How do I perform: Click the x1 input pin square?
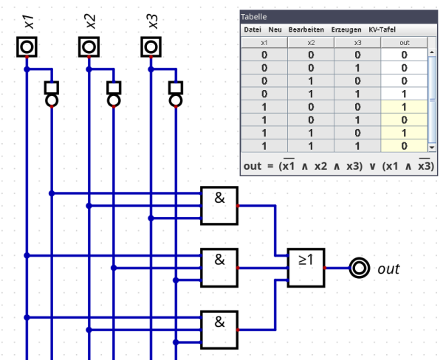(27, 47)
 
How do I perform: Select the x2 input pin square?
(89, 47)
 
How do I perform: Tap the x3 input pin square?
(151, 47)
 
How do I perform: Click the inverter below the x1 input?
(52, 94)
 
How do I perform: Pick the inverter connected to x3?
(176, 94)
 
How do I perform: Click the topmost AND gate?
(219, 206)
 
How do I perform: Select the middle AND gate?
(219, 268)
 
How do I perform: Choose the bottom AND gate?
(219, 330)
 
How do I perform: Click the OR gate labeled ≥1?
(306, 268)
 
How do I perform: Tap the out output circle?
(360, 268)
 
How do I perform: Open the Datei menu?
(253, 30)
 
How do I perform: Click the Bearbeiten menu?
(306, 30)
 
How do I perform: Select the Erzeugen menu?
(346, 30)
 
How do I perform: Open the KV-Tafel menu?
(382, 30)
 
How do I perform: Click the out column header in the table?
(404, 43)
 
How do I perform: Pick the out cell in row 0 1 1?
(404, 94)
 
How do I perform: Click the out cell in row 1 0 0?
(404, 107)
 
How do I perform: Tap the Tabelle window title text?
(254, 17)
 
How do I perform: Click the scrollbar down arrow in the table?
(432, 148)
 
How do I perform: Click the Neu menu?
(275, 30)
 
